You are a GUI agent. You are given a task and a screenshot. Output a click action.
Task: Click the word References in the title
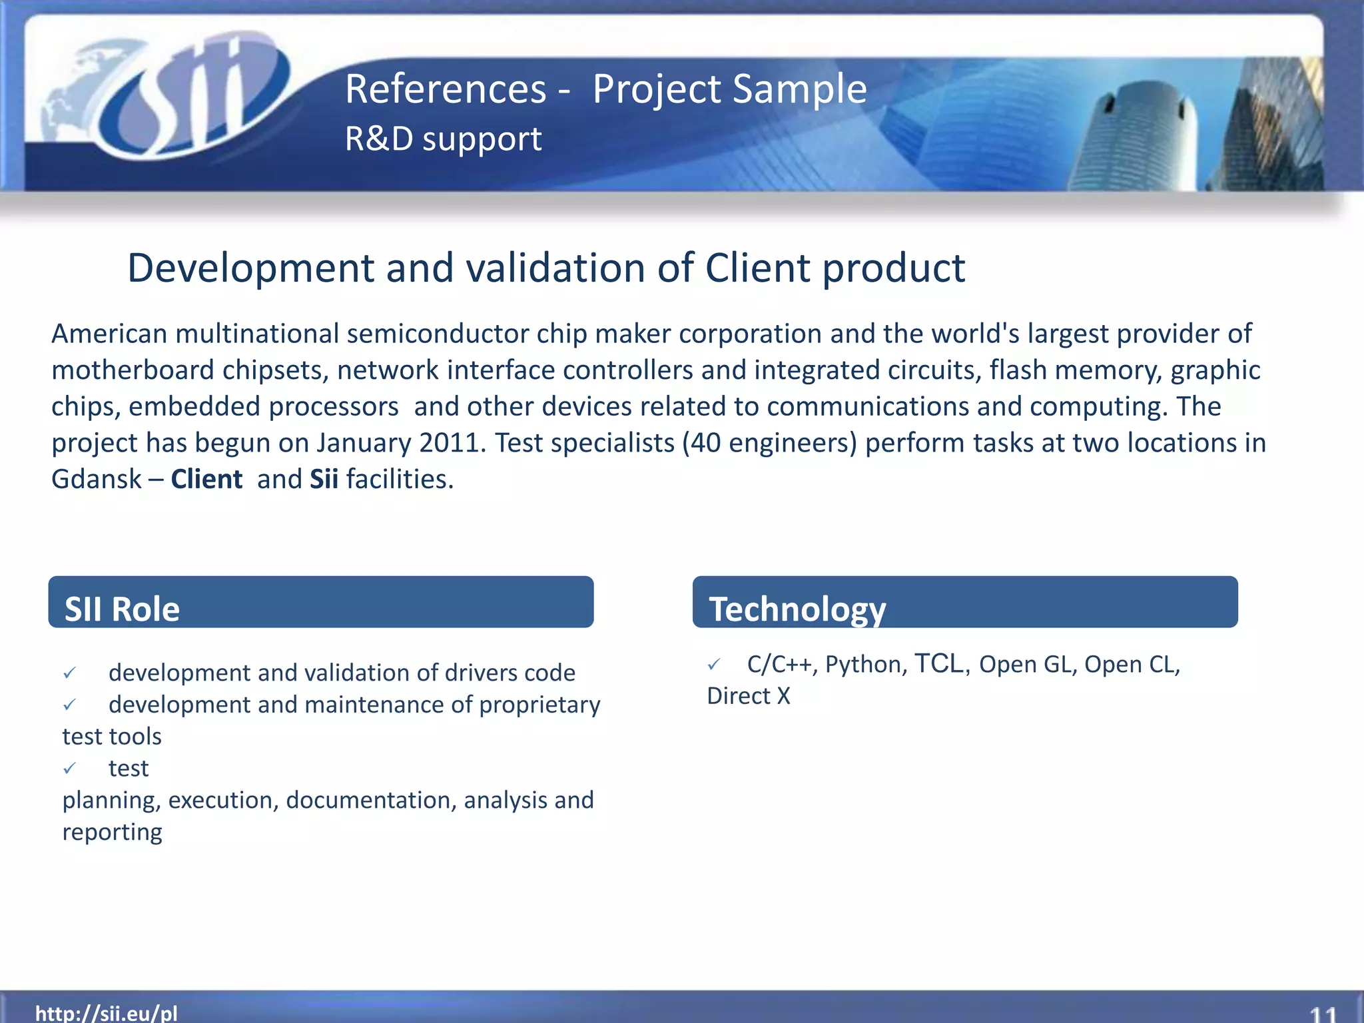(x=445, y=89)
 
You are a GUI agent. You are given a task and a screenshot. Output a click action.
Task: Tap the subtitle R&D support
(x=443, y=139)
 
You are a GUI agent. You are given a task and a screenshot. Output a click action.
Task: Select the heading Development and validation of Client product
(x=545, y=268)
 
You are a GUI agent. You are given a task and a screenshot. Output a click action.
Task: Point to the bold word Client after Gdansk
(x=206, y=480)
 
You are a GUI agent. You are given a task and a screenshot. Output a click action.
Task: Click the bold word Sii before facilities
(x=324, y=480)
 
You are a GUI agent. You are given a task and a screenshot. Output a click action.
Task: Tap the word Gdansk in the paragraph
(x=97, y=480)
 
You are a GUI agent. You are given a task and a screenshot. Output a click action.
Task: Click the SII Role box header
(x=320, y=603)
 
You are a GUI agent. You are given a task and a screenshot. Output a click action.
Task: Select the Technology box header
(x=964, y=603)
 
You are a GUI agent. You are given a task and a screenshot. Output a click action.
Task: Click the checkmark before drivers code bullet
(x=70, y=673)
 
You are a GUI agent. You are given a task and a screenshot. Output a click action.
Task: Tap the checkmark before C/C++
(x=714, y=665)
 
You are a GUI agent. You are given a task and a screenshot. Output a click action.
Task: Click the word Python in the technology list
(x=865, y=665)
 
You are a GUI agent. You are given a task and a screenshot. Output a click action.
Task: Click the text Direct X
(x=748, y=696)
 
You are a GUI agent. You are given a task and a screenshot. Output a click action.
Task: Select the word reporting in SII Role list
(x=112, y=833)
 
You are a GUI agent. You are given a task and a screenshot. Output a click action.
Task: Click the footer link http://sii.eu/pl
(x=106, y=1012)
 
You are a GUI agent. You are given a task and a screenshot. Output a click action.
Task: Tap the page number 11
(x=1323, y=1014)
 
